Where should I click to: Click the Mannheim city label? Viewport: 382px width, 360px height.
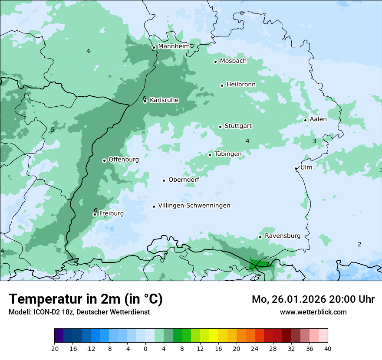click(x=174, y=46)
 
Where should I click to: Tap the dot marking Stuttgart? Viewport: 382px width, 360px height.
click(x=220, y=127)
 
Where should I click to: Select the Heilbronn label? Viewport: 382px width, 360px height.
click(x=241, y=85)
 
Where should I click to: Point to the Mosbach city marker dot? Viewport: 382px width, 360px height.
click(x=215, y=62)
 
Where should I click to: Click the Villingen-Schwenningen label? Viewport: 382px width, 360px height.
click(x=194, y=206)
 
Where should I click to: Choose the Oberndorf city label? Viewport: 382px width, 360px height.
click(x=184, y=180)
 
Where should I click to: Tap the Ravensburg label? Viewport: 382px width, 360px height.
click(x=282, y=236)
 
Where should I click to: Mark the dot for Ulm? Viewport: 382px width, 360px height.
click(x=296, y=168)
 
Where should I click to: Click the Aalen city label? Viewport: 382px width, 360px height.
click(x=318, y=119)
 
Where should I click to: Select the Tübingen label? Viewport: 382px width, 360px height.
click(x=228, y=154)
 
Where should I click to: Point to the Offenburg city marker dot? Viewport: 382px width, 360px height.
click(x=104, y=160)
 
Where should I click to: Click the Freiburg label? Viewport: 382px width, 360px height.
click(x=111, y=213)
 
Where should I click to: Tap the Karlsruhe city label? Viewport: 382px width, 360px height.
click(x=164, y=100)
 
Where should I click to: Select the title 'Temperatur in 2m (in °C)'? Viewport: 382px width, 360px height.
click(x=86, y=299)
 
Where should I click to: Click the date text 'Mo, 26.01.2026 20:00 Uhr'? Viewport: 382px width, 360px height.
click(x=313, y=299)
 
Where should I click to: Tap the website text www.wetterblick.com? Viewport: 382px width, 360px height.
click(x=313, y=312)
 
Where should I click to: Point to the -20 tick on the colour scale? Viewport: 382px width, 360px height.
click(x=54, y=349)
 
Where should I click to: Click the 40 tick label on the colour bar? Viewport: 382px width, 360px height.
click(x=328, y=349)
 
